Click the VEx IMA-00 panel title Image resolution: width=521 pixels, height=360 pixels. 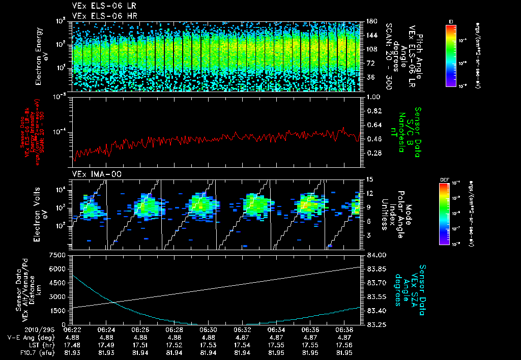97,174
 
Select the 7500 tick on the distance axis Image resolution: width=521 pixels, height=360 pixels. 60,255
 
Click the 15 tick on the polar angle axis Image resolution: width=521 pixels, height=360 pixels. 370,179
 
